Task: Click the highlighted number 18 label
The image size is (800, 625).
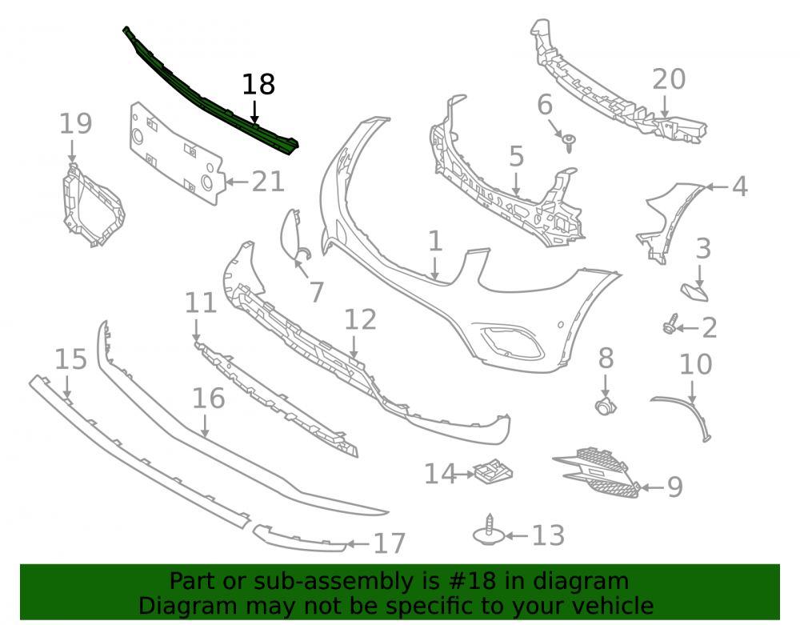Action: click(258, 85)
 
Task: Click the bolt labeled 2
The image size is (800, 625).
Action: click(670, 325)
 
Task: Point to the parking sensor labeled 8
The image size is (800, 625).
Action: click(606, 406)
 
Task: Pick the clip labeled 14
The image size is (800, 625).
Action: click(492, 471)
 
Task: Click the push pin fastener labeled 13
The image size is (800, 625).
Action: click(489, 531)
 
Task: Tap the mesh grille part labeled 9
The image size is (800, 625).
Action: click(597, 472)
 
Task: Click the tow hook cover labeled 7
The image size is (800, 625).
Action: click(292, 234)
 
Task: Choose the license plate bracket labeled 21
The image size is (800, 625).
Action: click(176, 153)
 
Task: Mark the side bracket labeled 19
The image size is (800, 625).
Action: click(92, 206)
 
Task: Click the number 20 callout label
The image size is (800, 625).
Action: click(669, 79)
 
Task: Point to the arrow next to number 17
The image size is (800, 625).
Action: click(358, 544)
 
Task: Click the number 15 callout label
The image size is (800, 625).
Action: click(70, 359)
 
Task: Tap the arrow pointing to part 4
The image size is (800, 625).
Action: click(717, 187)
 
